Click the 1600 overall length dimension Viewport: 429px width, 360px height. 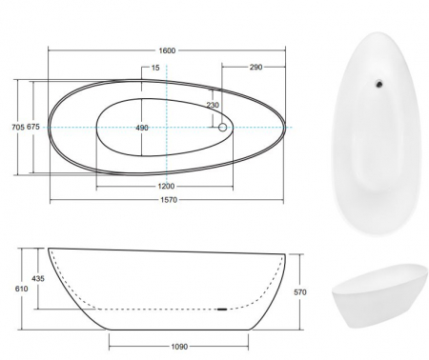tap(167, 50)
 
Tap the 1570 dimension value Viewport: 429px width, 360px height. tap(169, 200)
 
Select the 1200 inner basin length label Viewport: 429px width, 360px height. tap(166, 186)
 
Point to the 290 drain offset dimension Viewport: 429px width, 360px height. tap(255, 67)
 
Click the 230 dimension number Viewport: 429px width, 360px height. tap(213, 105)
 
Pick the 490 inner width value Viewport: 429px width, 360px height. tap(142, 128)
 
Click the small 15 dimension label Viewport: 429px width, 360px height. tap(155, 68)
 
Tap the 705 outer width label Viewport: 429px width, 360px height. tap(18, 127)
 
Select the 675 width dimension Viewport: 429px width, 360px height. tap(33, 127)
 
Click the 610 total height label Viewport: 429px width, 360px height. tap(21, 289)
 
